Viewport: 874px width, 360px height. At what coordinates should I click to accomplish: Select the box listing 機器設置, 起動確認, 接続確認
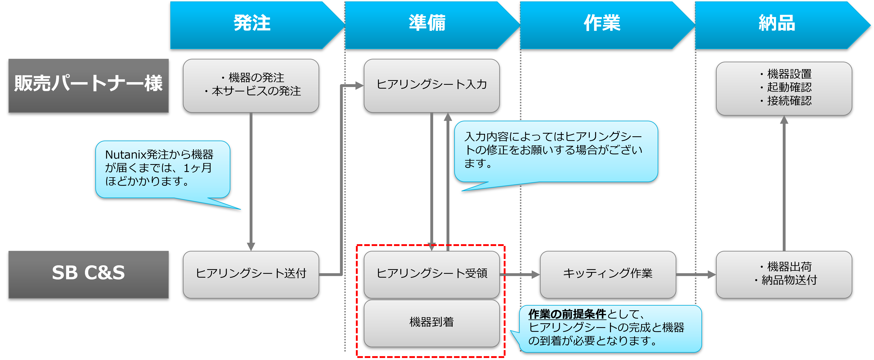[784, 88]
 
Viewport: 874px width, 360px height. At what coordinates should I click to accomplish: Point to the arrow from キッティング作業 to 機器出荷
[696, 274]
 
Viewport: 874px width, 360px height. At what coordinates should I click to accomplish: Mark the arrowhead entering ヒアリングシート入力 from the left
[359, 86]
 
